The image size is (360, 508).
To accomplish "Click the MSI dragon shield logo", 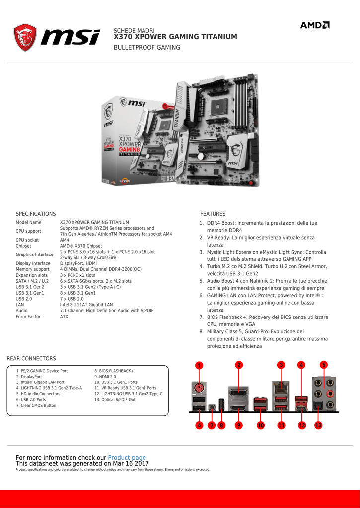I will pos(25,37).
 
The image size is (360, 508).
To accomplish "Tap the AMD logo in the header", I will pos(314,25).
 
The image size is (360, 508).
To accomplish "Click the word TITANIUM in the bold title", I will pos(214,37).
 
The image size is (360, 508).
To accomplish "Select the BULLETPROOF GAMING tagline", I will pos(147,48).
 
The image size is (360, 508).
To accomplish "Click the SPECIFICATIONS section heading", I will pos(36,214).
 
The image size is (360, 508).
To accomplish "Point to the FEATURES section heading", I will pos(213,214).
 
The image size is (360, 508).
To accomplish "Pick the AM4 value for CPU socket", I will pos(65,240).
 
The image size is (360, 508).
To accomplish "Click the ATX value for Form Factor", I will pos(64,317).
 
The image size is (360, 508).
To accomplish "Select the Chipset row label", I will pos(24,246).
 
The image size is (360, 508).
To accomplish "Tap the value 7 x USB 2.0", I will pos(72,299).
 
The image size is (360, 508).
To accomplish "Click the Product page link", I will pos(127,458).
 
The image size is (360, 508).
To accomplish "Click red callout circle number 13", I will pos(318,425).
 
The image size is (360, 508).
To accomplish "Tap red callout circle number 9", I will pos(239,425).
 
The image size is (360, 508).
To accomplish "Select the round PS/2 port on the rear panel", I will pos(199,388).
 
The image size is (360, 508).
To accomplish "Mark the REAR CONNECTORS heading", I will pos(31,358).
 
